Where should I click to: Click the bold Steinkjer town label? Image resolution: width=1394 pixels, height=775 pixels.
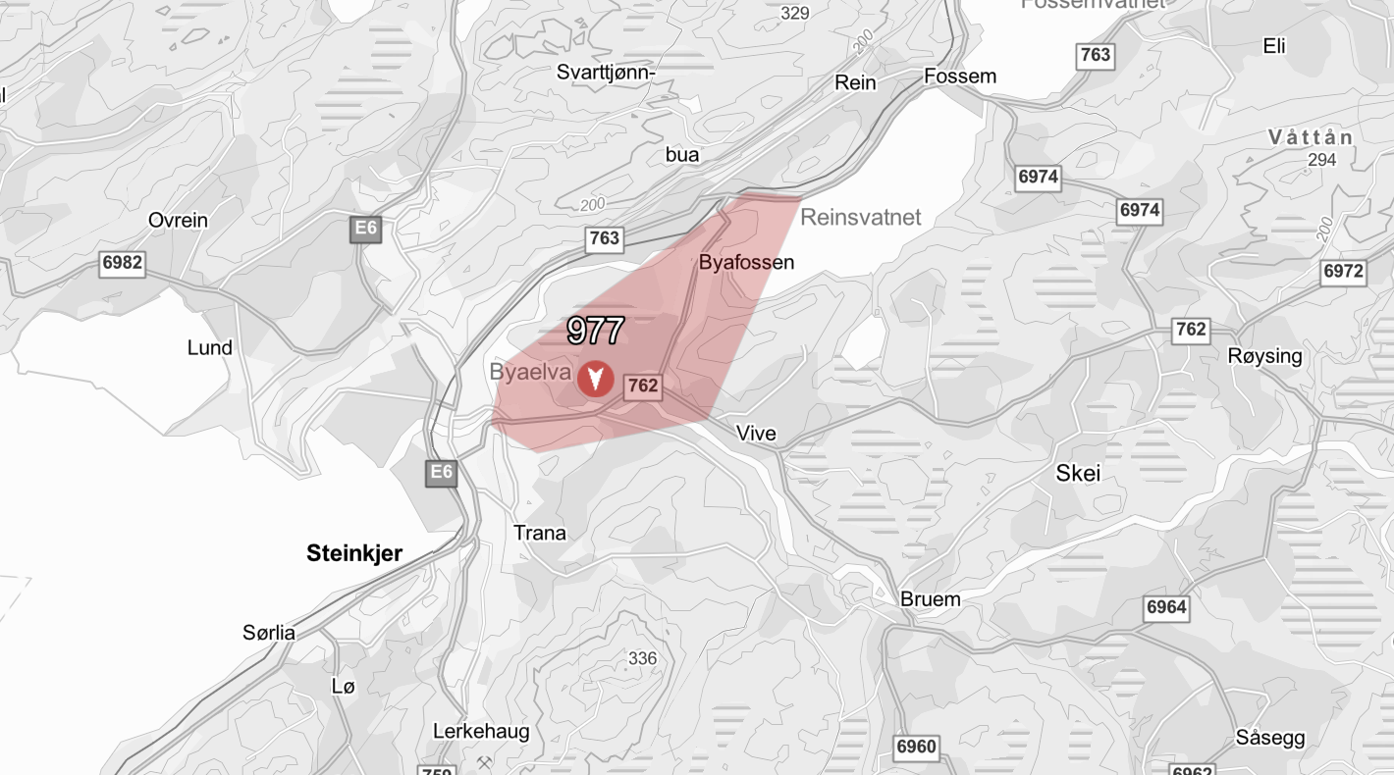click(x=354, y=553)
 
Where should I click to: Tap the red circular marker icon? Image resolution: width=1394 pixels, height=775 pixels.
click(x=595, y=378)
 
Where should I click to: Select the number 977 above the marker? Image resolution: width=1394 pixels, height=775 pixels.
click(x=596, y=331)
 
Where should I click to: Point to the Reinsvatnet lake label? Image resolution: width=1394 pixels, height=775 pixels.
click(x=860, y=217)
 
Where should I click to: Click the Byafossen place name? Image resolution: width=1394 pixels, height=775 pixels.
click(x=746, y=263)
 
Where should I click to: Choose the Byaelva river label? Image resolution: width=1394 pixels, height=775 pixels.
click(x=530, y=372)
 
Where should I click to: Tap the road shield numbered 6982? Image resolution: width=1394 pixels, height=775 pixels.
click(x=122, y=263)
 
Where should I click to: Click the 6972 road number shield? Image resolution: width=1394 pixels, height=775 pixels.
click(x=1343, y=271)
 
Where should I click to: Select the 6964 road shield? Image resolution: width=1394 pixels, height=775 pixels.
click(x=1166, y=607)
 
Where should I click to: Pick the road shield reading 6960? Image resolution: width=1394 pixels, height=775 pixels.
click(x=916, y=748)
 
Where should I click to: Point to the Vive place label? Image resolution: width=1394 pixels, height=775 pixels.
click(x=756, y=434)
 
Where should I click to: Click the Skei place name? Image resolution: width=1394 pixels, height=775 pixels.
click(x=1078, y=474)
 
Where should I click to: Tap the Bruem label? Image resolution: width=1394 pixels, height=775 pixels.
click(x=930, y=599)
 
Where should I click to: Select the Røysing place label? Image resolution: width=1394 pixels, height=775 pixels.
click(x=1264, y=356)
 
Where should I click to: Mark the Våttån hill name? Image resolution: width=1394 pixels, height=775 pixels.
click(x=1310, y=137)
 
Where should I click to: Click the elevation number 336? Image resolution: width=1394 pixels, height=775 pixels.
click(x=642, y=658)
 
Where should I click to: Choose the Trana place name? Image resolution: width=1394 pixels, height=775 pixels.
click(x=540, y=533)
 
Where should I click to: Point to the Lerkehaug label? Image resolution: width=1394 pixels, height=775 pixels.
click(x=481, y=731)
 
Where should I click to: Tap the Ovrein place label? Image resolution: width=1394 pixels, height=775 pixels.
click(x=178, y=220)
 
